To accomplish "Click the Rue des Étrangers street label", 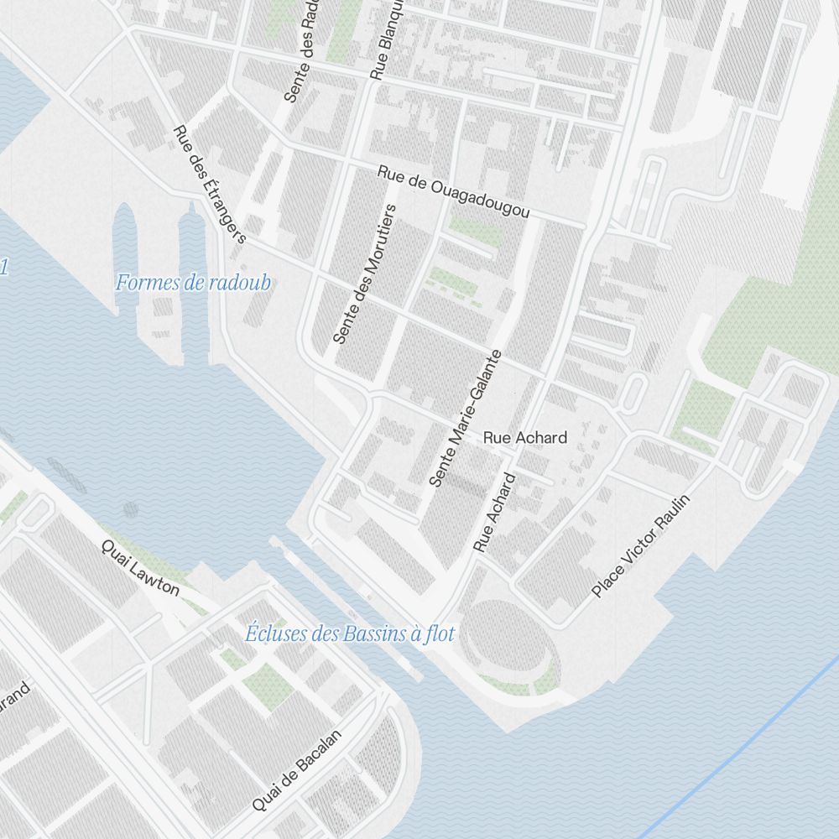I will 209,185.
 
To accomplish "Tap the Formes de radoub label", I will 193,283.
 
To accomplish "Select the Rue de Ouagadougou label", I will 453,192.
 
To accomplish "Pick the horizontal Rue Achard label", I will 525,437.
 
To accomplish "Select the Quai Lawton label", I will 140,567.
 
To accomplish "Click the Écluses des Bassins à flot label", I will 349,634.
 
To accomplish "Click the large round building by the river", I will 503,646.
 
